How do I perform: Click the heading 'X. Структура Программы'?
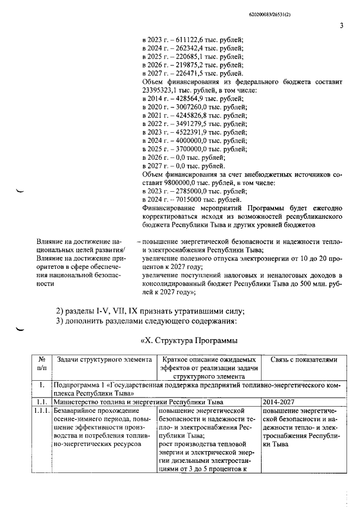[x=186, y=340]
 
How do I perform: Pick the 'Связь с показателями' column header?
[x=304, y=359]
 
